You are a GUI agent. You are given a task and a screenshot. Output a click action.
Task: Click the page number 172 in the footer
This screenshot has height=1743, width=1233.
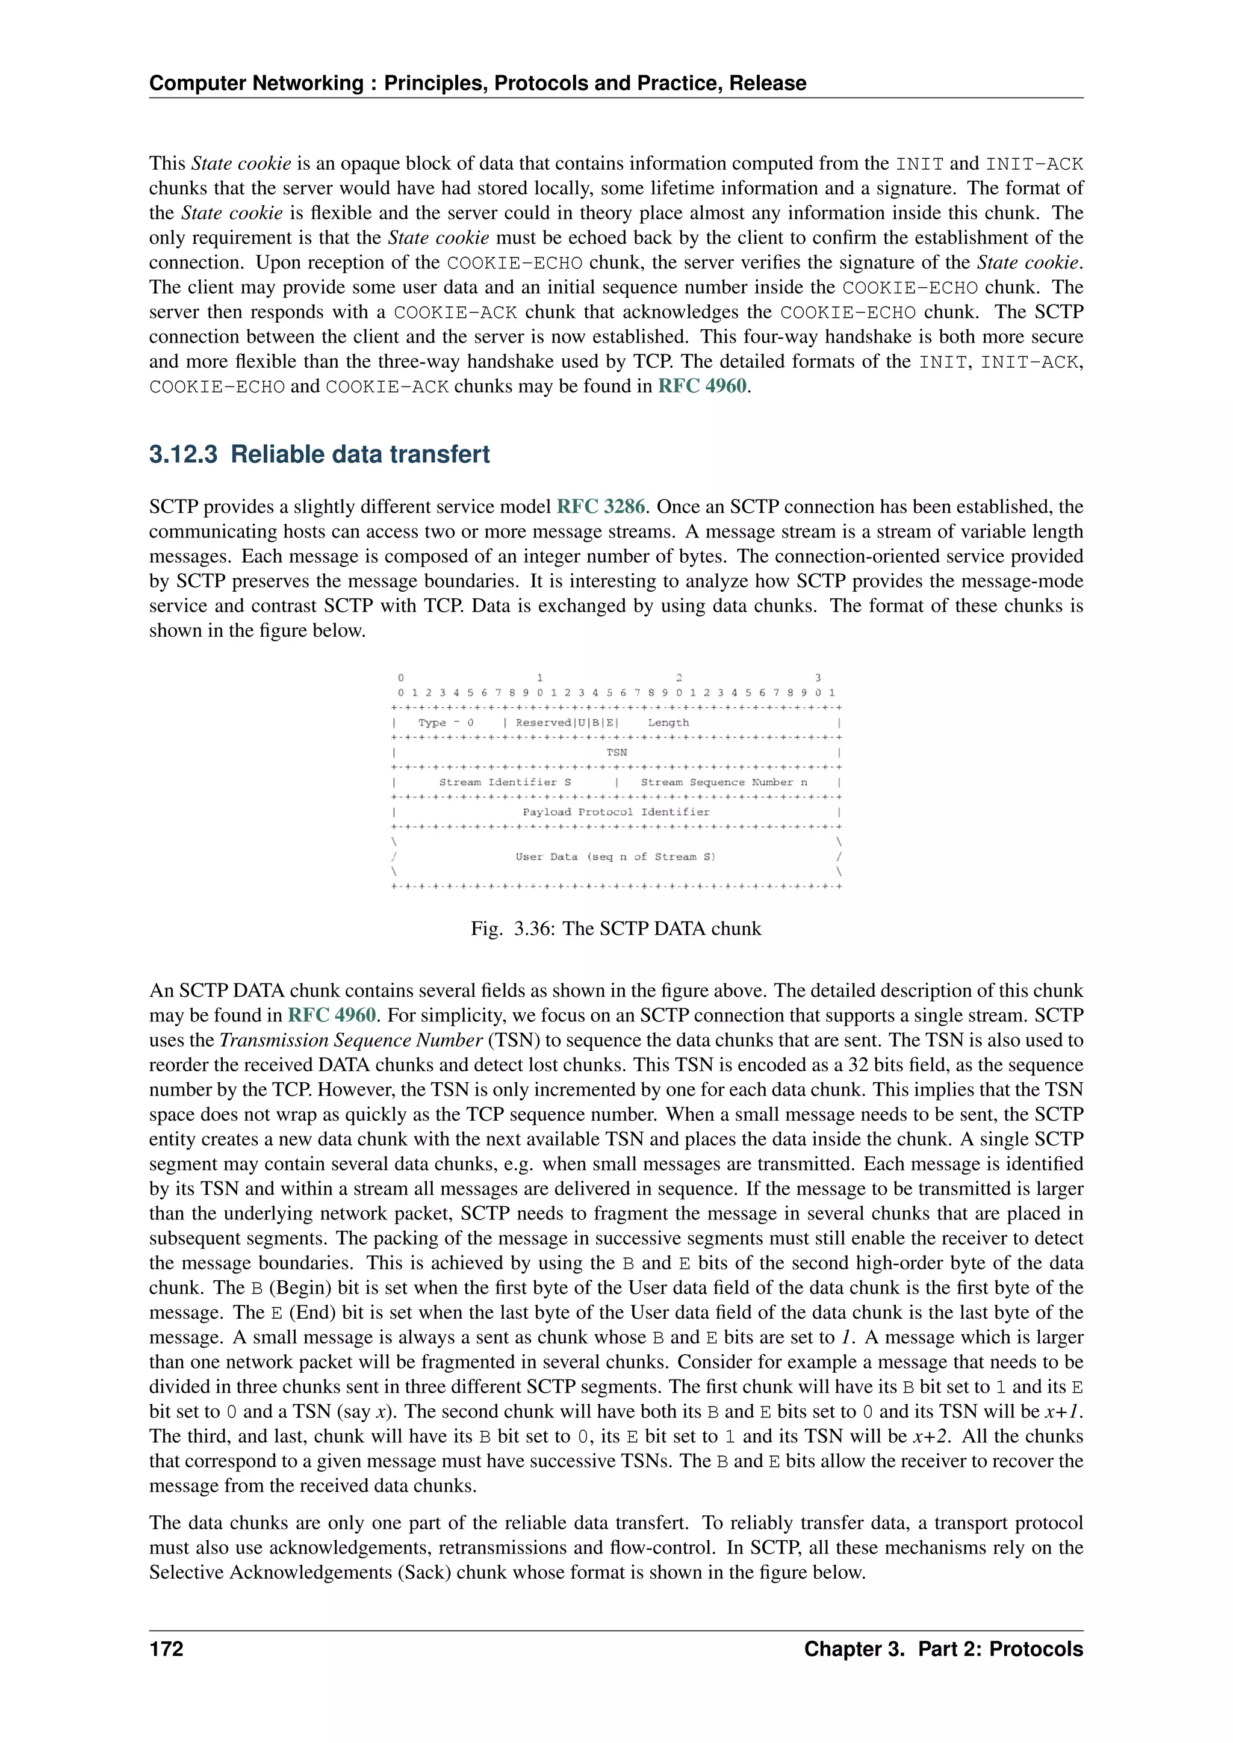[x=166, y=1649]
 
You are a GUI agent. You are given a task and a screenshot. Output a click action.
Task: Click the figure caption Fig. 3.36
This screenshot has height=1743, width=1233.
[x=616, y=929]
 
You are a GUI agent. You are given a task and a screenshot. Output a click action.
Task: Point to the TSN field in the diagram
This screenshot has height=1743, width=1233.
[x=616, y=752]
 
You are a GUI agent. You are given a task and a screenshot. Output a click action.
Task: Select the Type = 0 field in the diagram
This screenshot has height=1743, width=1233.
[x=446, y=723]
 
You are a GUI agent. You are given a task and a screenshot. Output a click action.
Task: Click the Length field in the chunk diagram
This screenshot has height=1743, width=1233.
[x=668, y=723]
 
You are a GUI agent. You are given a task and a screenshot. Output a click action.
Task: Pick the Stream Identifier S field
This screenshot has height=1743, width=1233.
[x=505, y=782]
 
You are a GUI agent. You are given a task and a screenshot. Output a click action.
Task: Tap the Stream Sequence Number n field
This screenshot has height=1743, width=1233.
[x=724, y=782]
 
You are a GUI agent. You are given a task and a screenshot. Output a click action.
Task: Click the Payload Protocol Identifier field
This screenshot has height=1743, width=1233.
[x=616, y=811]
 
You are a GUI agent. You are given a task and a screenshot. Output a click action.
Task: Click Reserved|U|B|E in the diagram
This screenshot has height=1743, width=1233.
[x=567, y=723]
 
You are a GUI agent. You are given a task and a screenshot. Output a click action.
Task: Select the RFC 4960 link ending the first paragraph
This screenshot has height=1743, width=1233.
[x=703, y=386]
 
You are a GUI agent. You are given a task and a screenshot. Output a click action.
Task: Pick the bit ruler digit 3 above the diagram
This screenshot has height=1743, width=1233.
[x=818, y=678]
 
